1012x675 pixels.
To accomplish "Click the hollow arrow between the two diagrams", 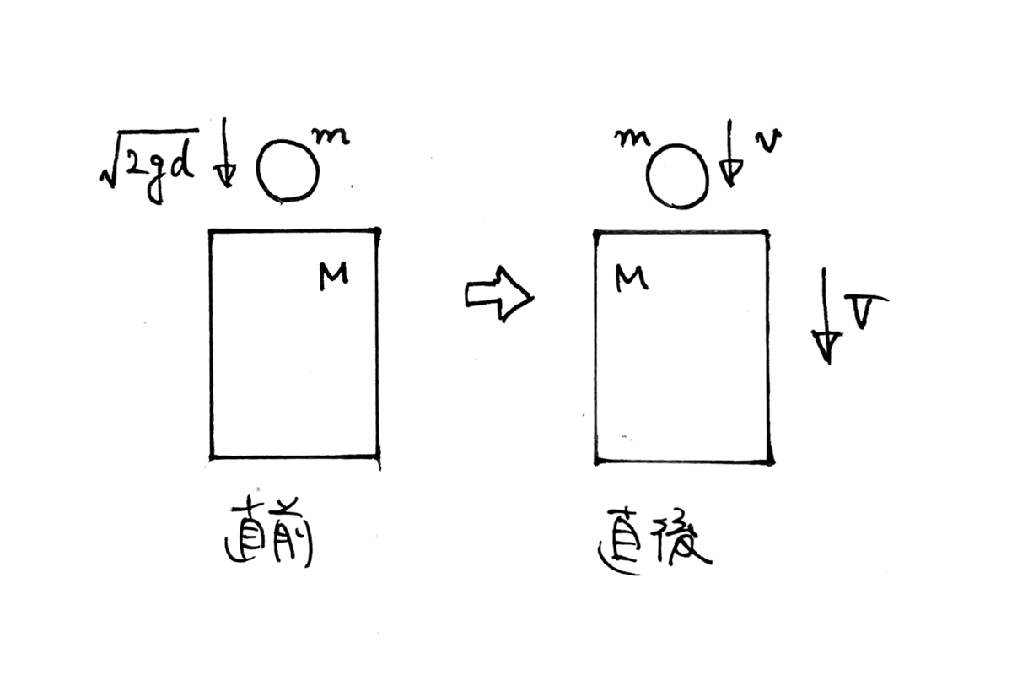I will coord(498,294).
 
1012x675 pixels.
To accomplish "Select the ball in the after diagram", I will coord(677,176).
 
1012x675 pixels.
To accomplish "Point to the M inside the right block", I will coord(631,277).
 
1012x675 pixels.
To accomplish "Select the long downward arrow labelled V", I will coord(827,316).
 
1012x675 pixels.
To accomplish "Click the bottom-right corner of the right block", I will coord(768,462).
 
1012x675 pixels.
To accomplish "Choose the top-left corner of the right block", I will coord(595,231).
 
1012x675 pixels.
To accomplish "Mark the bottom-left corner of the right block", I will coord(596,461).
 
